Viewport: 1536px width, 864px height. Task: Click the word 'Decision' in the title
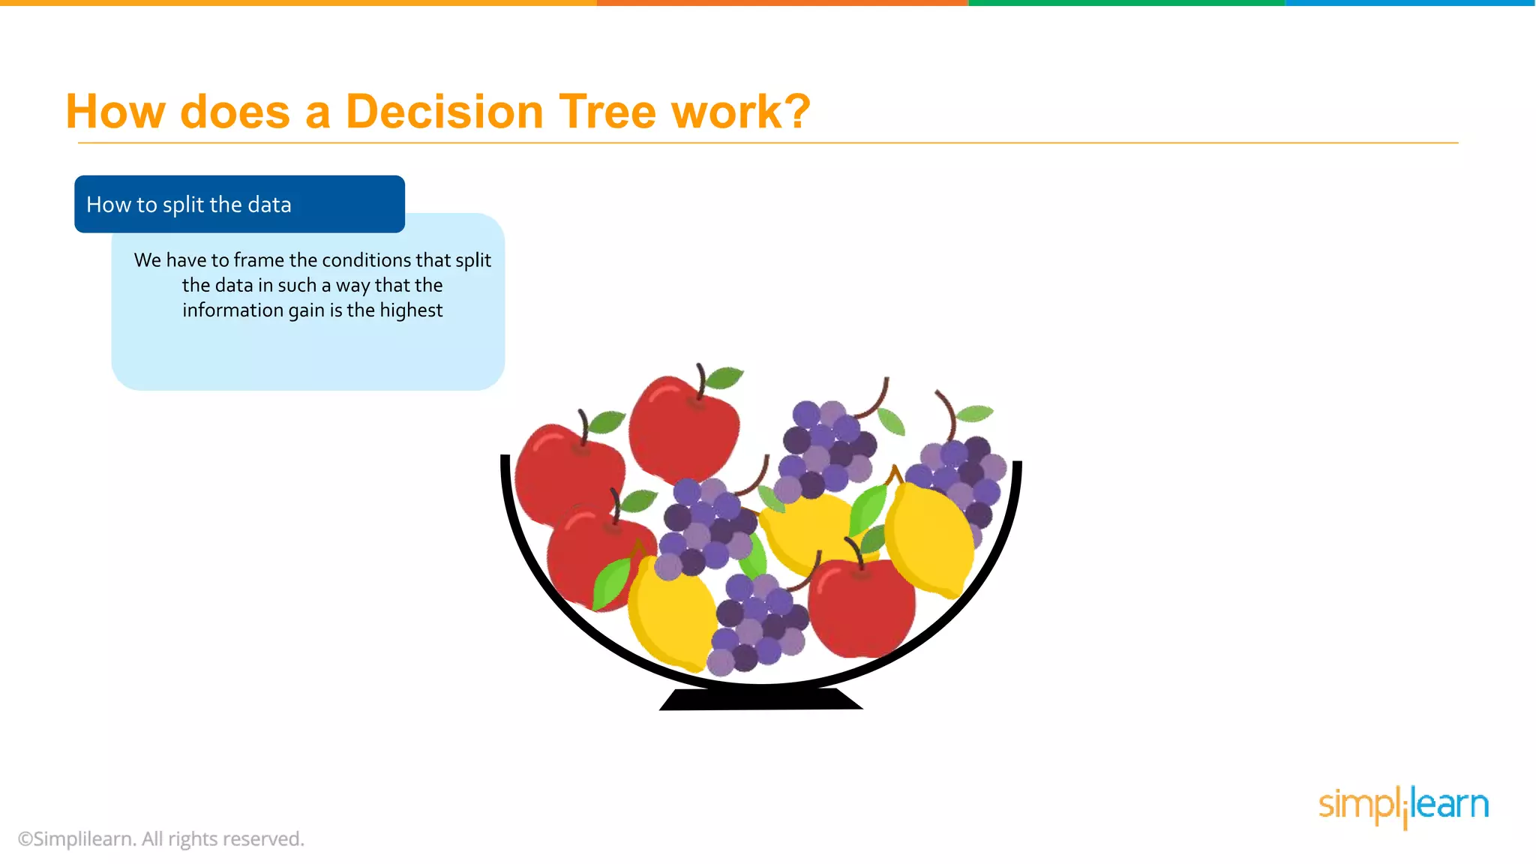coord(444,112)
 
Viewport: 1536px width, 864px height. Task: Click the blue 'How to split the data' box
coord(239,204)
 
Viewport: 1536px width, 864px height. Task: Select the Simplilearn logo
coord(1403,805)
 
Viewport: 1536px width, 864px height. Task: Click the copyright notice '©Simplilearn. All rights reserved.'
coord(161,838)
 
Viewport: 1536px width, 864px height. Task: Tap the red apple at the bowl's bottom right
coord(862,607)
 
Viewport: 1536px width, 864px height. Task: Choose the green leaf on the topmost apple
coord(724,377)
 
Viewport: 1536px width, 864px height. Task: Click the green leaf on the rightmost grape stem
coord(975,413)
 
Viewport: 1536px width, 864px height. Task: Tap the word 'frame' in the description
coord(259,260)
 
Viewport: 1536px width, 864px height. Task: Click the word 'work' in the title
coord(726,112)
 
